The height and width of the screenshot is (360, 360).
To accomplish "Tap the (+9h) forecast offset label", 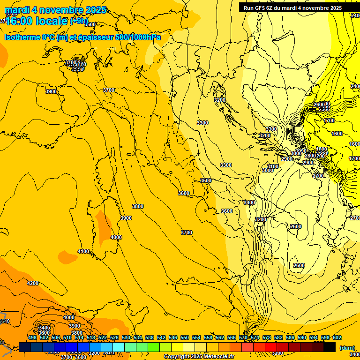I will click(x=79, y=21).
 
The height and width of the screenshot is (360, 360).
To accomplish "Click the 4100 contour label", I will click(x=83, y=252).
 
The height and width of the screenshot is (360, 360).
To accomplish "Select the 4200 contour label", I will click(x=32, y=283).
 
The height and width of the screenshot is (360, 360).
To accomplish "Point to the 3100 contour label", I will click(x=273, y=166).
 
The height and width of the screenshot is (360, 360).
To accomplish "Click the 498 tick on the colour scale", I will click(x=32, y=337).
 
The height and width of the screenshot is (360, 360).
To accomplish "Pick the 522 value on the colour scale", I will click(x=103, y=337).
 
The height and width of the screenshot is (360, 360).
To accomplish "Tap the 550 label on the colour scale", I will click(x=185, y=337).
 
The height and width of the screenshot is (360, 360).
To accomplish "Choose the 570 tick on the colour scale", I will click(x=243, y=337).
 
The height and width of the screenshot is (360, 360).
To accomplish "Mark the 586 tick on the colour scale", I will click(x=290, y=337).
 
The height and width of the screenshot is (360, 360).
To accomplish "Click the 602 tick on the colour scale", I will click(x=337, y=337).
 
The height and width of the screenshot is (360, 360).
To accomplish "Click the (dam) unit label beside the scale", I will click(x=347, y=348).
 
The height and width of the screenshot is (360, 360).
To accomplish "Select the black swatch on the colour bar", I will click(x=330, y=347).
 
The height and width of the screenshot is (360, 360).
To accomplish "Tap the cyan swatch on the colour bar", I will click(x=119, y=347).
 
